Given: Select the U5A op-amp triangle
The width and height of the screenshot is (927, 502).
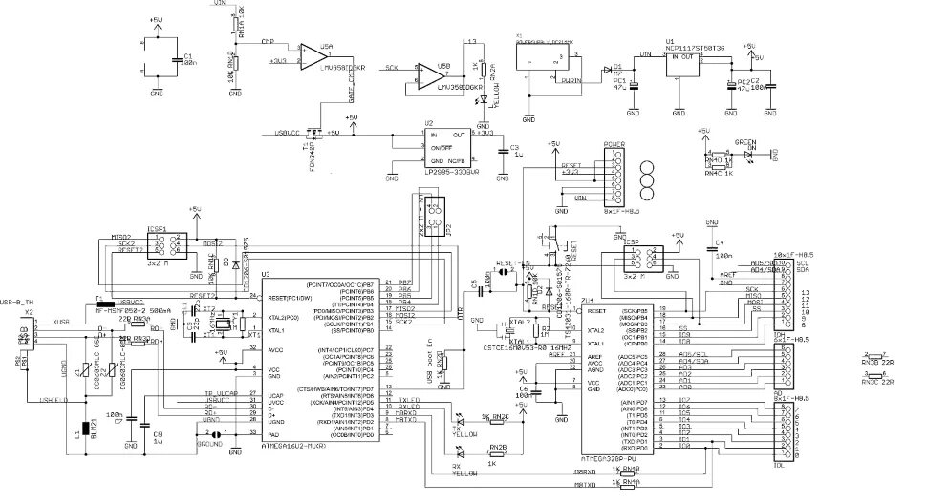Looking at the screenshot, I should click(x=313, y=56).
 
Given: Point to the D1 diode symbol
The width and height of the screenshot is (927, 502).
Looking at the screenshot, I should click(x=608, y=70).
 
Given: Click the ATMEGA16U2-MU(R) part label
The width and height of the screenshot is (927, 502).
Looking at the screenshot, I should click(x=295, y=446).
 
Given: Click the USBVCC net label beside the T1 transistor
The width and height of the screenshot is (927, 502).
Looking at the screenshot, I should click(x=288, y=133).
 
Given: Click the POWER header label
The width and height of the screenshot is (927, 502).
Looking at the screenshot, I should click(x=614, y=144).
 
